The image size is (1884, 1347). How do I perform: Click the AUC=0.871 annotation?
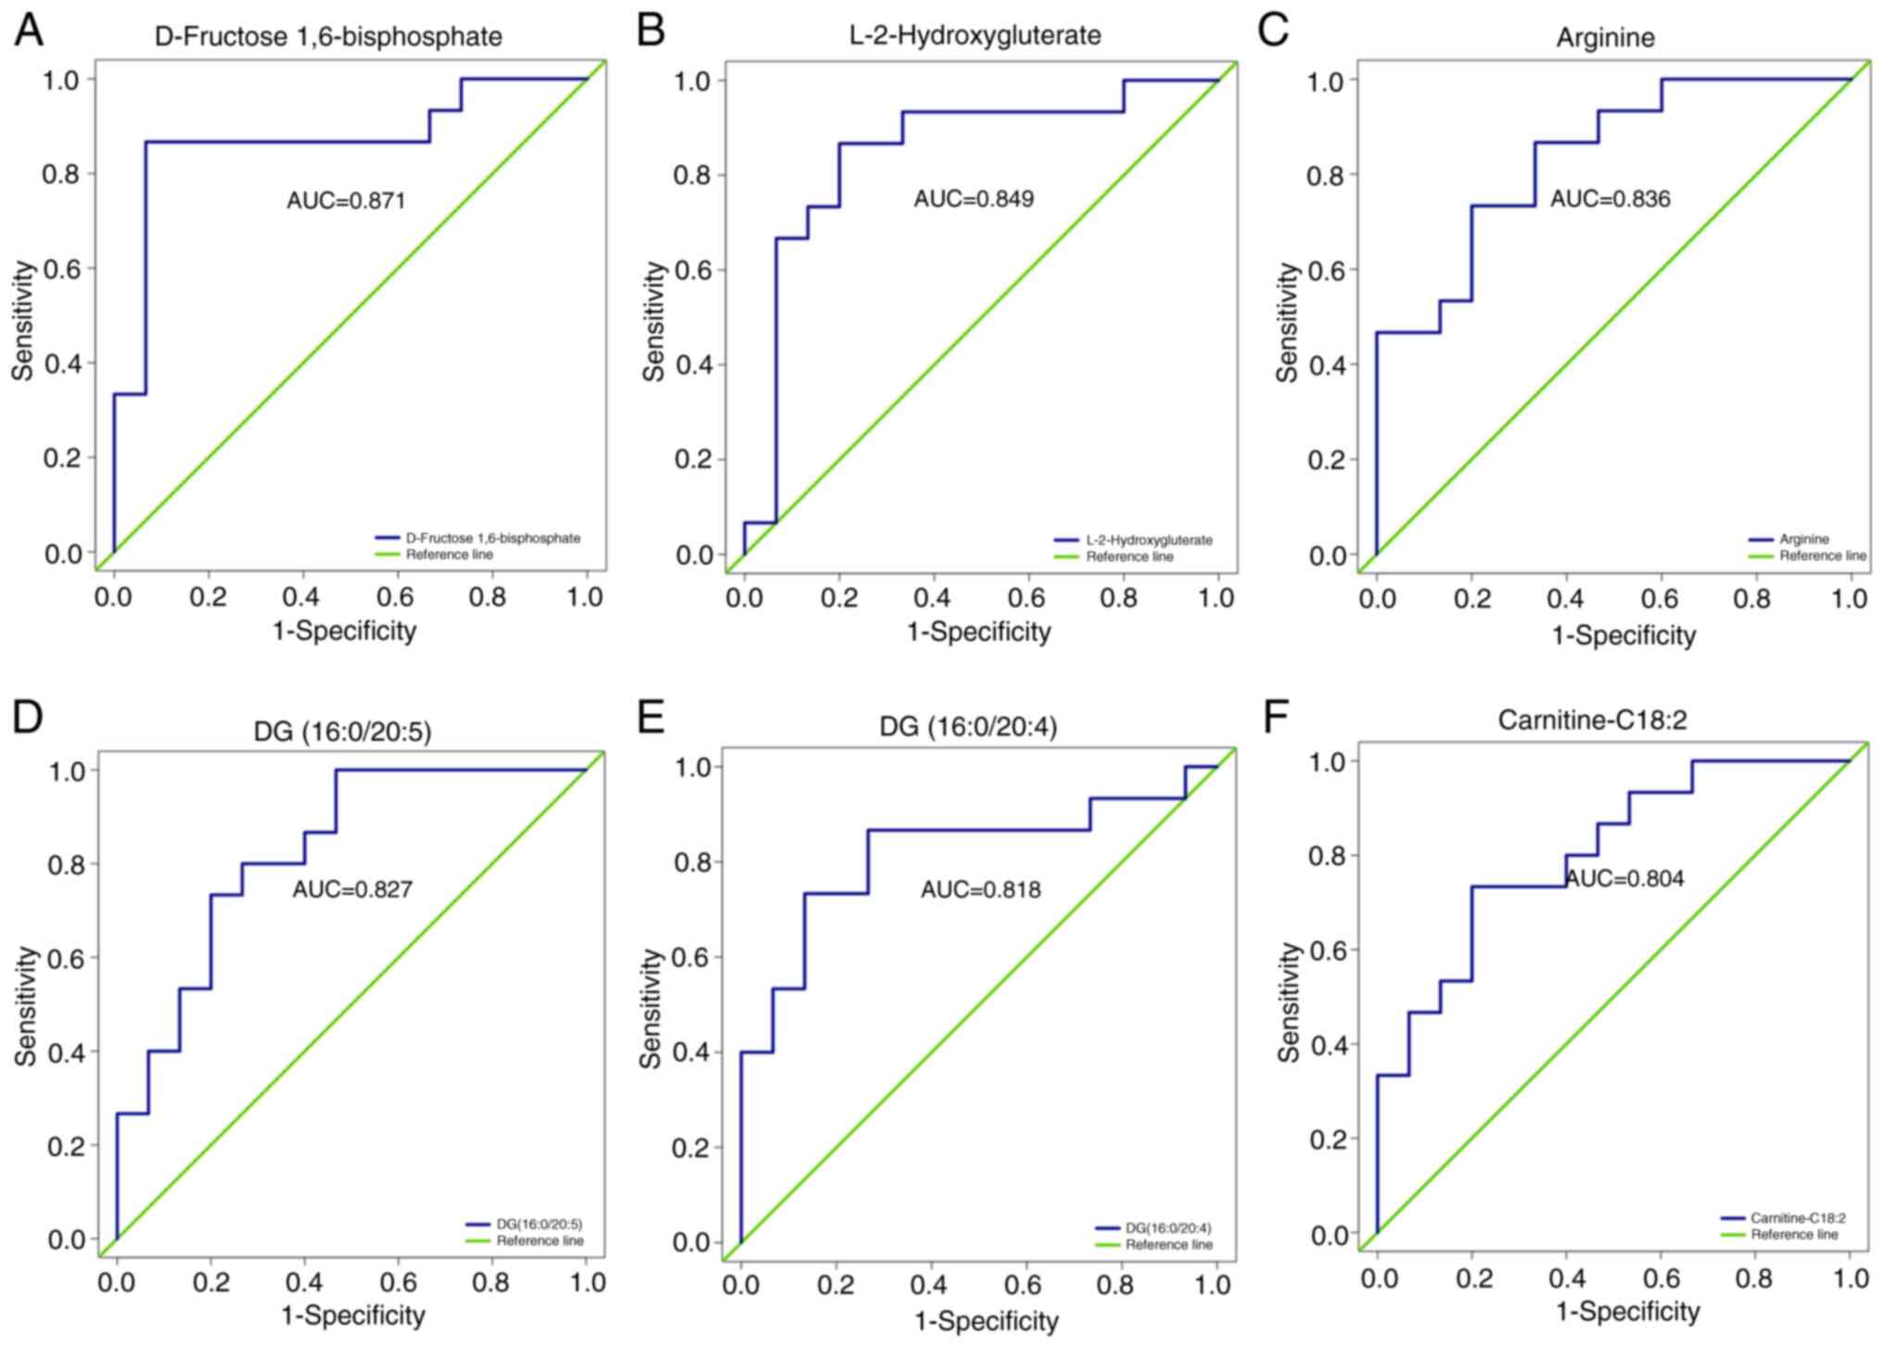[346, 200]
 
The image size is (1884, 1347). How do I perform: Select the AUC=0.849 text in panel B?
[974, 198]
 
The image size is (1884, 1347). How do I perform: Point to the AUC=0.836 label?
[1610, 198]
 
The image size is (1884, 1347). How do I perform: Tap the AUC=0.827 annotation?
[352, 890]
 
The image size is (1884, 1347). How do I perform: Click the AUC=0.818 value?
[980, 890]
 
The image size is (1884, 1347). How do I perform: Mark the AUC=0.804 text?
[1624, 878]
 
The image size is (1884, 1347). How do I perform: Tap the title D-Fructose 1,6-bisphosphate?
[328, 37]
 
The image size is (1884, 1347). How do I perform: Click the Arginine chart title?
[1605, 38]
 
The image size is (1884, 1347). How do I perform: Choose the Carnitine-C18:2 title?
[1592, 719]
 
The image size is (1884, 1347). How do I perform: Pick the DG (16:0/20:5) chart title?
[342, 731]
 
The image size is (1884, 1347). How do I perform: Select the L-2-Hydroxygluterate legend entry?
[1149, 540]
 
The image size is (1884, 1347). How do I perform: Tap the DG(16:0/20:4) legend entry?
[1168, 1228]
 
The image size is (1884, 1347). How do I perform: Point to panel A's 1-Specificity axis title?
[344, 631]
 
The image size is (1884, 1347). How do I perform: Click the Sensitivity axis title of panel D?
[26, 1005]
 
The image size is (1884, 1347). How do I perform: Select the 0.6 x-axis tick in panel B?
[1026, 599]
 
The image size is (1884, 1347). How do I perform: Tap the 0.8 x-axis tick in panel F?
[1755, 1279]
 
